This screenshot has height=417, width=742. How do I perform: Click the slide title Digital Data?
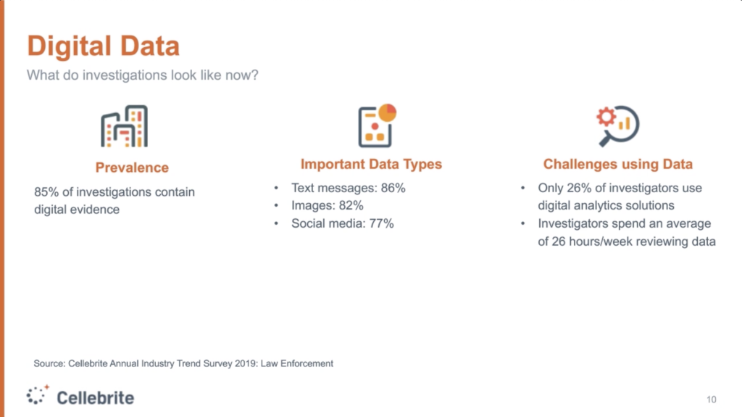coord(103,46)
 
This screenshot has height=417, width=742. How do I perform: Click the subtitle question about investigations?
coord(143,75)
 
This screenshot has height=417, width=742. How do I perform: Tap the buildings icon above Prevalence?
coord(124,126)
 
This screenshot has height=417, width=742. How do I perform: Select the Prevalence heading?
coord(132,168)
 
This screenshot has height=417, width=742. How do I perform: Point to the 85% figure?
coord(46,192)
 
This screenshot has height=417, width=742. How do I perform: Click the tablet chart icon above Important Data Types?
coord(377,125)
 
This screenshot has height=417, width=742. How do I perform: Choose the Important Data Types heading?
coord(371,164)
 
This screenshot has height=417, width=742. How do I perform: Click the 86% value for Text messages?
coord(393,188)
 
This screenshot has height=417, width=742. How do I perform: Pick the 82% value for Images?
coord(351,206)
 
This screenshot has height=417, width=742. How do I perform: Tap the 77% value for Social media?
coord(381,223)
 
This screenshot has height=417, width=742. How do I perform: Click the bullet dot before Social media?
coord(276,223)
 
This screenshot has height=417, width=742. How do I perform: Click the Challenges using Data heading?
coord(617,164)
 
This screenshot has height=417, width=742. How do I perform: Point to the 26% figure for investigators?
coord(579,188)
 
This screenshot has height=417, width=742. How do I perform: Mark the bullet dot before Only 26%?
coord(523,188)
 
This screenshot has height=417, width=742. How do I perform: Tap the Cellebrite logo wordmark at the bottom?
coord(95,397)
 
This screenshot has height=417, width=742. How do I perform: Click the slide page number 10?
coord(712,400)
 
